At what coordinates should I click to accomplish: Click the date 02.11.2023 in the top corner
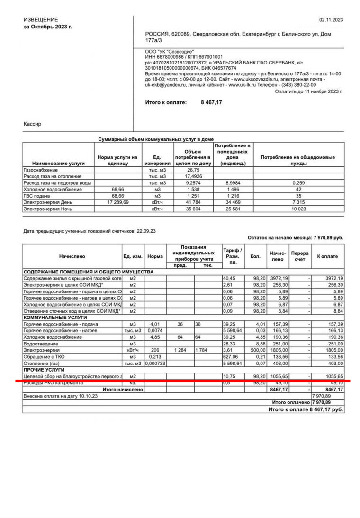click(x=331, y=20)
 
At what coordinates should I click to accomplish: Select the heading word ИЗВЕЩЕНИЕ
click(x=41, y=20)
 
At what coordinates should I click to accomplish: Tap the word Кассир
click(x=32, y=124)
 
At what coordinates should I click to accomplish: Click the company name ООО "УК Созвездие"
click(x=170, y=51)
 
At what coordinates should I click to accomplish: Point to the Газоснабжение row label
click(x=41, y=170)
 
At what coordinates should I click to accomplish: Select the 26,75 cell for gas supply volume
click(x=192, y=170)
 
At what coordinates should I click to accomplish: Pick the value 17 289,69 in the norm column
click(x=116, y=202)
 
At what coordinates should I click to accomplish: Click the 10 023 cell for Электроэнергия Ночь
click(x=298, y=209)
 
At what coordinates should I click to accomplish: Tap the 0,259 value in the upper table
click(x=298, y=183)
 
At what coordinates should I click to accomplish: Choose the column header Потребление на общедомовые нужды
click(x=298, y=160)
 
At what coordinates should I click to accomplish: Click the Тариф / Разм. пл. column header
click(x=233, y=256)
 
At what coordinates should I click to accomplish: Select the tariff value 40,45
click(x=229, y=278)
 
